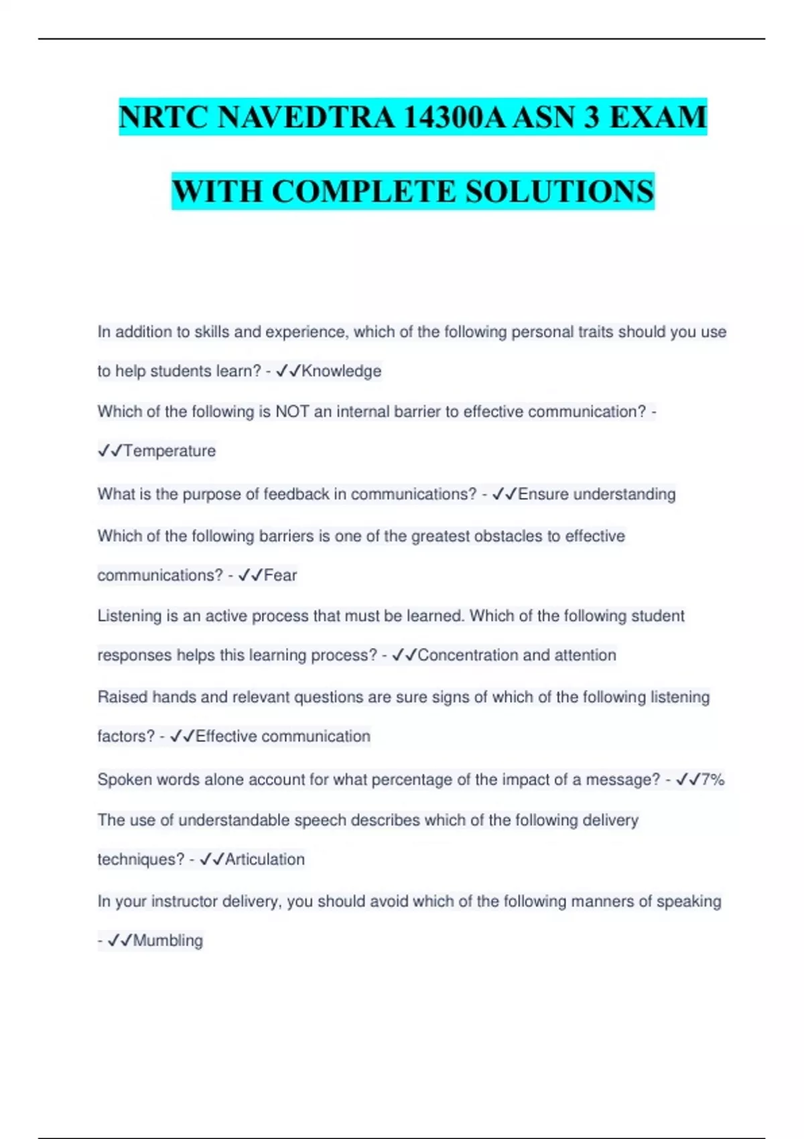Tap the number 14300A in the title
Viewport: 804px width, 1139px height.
click(454, 117)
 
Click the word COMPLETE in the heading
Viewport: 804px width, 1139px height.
click(364, 192)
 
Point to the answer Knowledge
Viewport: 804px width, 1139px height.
click(341, 371)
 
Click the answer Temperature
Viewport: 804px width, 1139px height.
click(170, 451)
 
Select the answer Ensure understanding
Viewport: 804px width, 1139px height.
click(596, 494)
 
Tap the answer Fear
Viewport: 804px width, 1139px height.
click(280, 576)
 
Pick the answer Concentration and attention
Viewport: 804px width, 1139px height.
click(517, 655)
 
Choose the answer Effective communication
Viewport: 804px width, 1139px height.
click(283, 736)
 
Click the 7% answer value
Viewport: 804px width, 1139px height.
click(713, 780)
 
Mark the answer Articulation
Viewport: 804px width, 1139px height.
click(265, 860)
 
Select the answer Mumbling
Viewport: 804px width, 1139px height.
click(167, 941)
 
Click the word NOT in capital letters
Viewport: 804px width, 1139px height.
click(292, 411)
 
